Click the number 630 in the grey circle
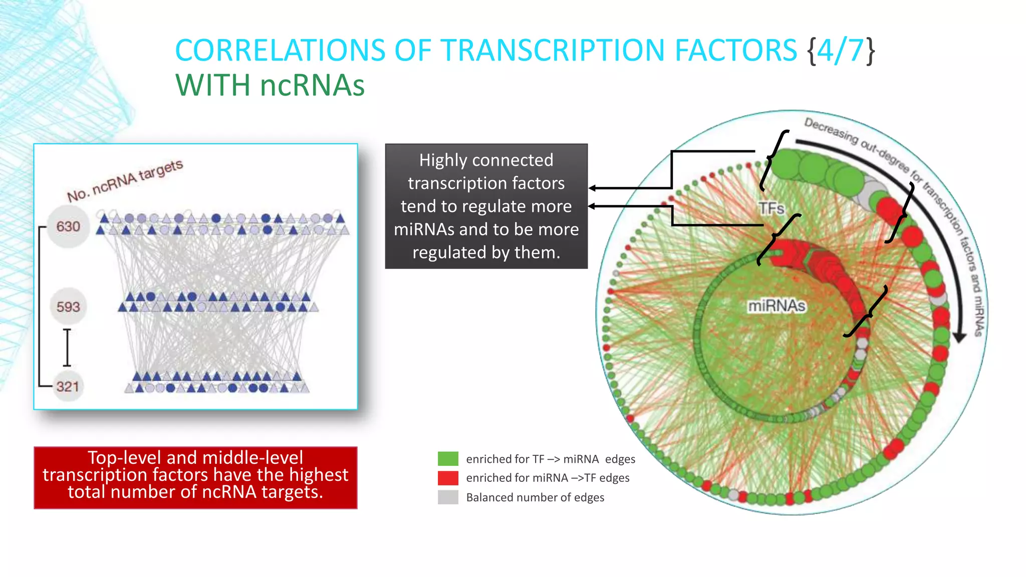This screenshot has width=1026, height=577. [68, 226]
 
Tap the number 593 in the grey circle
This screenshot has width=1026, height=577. [68, 307]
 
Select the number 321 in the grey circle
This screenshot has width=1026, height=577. [68, 387]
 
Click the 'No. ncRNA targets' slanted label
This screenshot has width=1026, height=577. [125, 181]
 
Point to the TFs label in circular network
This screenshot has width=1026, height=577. [771, 208]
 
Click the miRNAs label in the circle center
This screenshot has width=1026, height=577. [777, 306]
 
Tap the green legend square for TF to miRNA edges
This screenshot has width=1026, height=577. [448, 459]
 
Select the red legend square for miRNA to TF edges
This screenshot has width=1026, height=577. [448, 478]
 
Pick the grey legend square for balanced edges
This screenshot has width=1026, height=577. [448, 497]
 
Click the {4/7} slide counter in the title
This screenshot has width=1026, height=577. [842, 50]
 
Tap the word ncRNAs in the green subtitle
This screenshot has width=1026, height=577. [312, 85]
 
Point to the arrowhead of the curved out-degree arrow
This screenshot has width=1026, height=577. [959, 338]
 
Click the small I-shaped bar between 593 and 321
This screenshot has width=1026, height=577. [67, 347]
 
